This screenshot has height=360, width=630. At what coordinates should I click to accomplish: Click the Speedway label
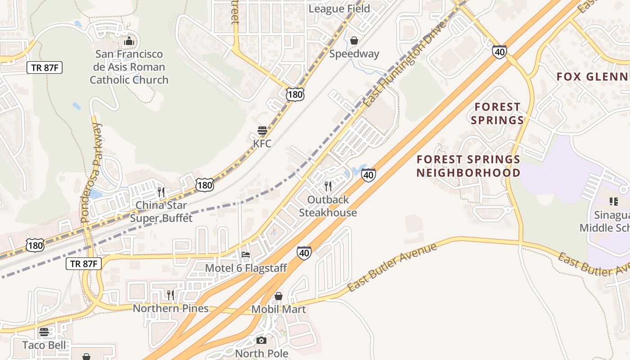[354, 54]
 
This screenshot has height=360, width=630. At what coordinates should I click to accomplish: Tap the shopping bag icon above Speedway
[354, 40]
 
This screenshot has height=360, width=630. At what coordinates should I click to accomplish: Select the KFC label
[262, 144]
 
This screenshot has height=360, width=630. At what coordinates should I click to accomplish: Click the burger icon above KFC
[262, 130]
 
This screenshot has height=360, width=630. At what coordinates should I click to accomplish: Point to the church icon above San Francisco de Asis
[129, 41]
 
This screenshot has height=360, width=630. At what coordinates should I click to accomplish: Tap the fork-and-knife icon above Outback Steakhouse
[328, 186]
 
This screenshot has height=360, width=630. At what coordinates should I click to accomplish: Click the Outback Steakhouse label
[328, 206]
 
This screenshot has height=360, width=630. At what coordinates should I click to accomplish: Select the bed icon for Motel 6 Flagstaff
[246, 255]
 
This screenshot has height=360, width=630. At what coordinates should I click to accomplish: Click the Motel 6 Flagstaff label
[246, 268]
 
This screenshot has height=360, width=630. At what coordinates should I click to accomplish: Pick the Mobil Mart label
[279, 309]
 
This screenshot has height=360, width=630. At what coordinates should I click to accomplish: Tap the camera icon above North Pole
[261, 340]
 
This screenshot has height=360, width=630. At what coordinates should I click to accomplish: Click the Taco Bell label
[44, 345]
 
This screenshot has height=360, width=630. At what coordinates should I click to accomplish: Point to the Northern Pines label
[171, 308]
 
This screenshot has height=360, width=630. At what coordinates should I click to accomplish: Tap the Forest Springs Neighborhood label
[468, 166]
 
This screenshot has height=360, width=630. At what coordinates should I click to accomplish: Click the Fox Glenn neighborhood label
[593, 76]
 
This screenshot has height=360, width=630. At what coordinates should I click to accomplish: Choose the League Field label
[339, 9]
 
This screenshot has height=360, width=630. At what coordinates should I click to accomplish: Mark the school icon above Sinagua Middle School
[613, 201]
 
